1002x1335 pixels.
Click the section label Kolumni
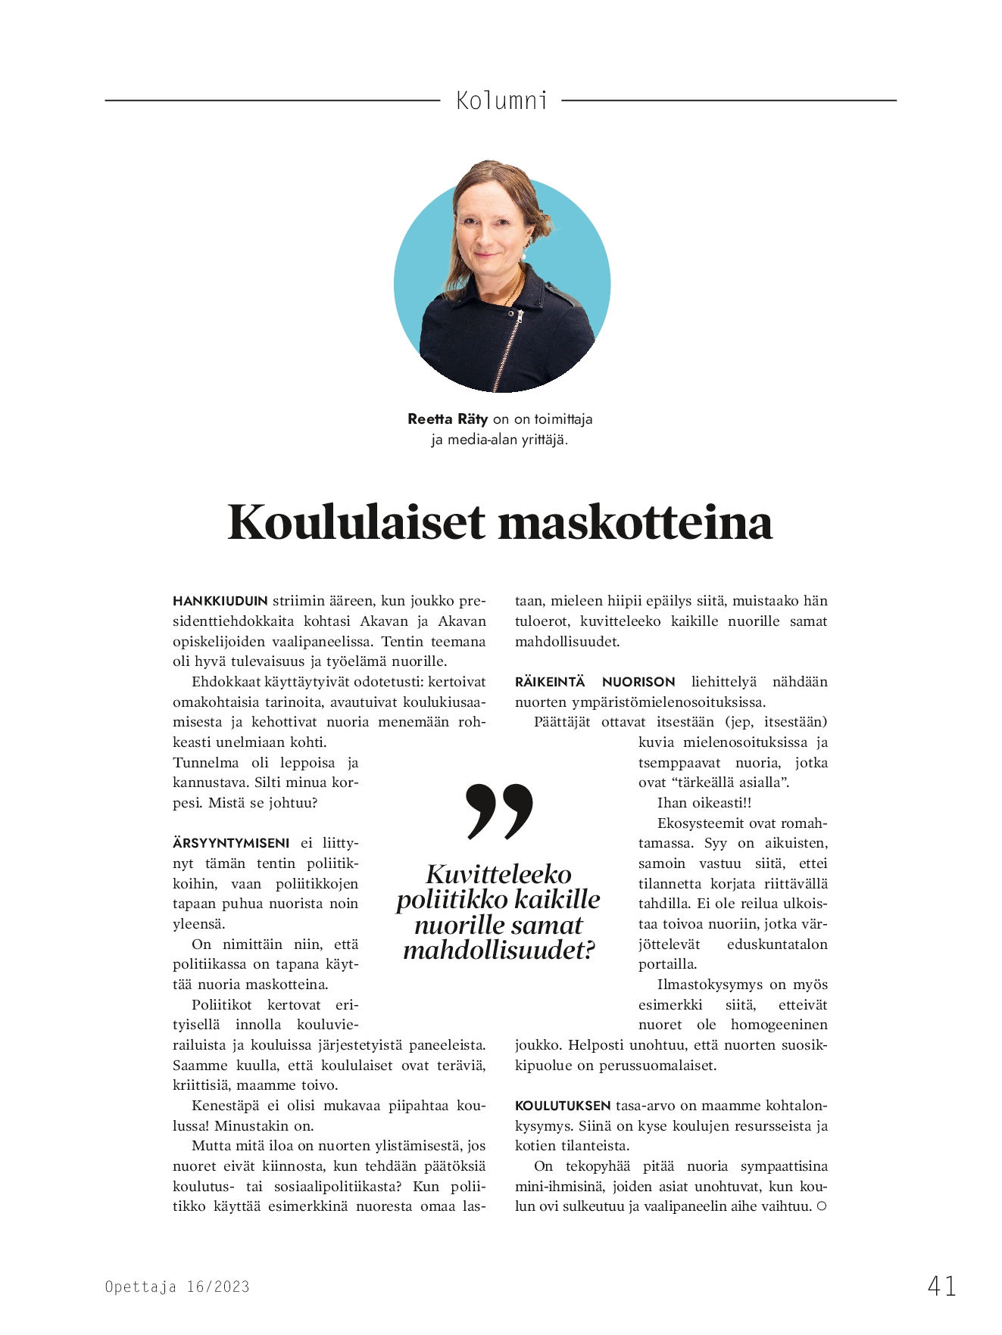(501, 101)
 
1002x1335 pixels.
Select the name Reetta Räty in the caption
(448, 419)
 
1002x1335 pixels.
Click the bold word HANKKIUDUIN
(220, 602)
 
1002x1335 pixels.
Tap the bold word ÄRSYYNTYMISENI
(231, 844)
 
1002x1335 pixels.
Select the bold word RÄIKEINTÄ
(550, 683)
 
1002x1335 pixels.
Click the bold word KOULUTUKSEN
(563, 1106)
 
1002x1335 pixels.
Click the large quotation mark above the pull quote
(500, 811)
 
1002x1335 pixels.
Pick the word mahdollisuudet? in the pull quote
(499, 951)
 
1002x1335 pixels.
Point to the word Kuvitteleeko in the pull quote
(499, 875)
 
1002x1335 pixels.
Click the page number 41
(941, 1286)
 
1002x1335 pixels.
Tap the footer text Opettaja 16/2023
(177, 1287)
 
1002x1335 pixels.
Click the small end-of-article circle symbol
(822, 1206)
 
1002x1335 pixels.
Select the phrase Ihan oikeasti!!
(704, 803)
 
